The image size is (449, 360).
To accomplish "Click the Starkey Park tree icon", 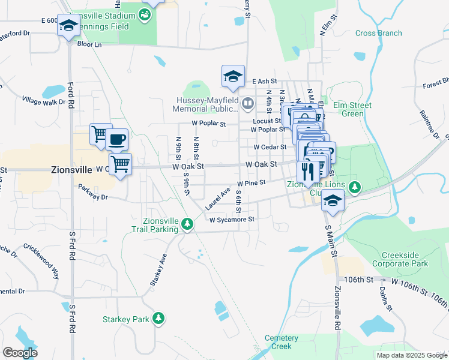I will [158, 318].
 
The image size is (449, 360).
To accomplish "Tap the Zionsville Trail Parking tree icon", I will [188, 224].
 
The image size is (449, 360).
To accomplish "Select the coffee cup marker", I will [117, 140].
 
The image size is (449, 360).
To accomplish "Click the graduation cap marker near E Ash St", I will [233, 76].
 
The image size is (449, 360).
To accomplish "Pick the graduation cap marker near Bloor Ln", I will [69, 26].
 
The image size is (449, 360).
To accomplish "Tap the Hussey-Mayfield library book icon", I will [247, 105].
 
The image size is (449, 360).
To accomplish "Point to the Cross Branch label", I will [378, 33].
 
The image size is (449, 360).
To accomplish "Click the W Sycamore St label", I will [232, 220].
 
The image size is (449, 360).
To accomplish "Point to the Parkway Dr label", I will [92, 197].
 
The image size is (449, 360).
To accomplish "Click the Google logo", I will [20, 353].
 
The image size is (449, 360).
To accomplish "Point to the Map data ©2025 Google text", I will [411, 355].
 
